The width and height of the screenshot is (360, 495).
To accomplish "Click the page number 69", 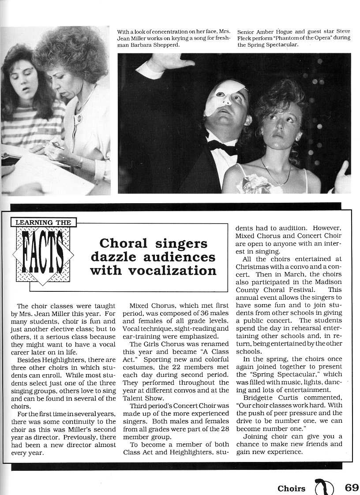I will (352, 488).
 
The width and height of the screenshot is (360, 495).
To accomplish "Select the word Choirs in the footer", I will (291, 488).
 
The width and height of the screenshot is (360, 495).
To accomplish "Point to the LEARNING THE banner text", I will (43, 223).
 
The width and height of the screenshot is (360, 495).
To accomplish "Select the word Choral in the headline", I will (122, 243).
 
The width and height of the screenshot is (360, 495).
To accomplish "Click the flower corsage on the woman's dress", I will (254, 184).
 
